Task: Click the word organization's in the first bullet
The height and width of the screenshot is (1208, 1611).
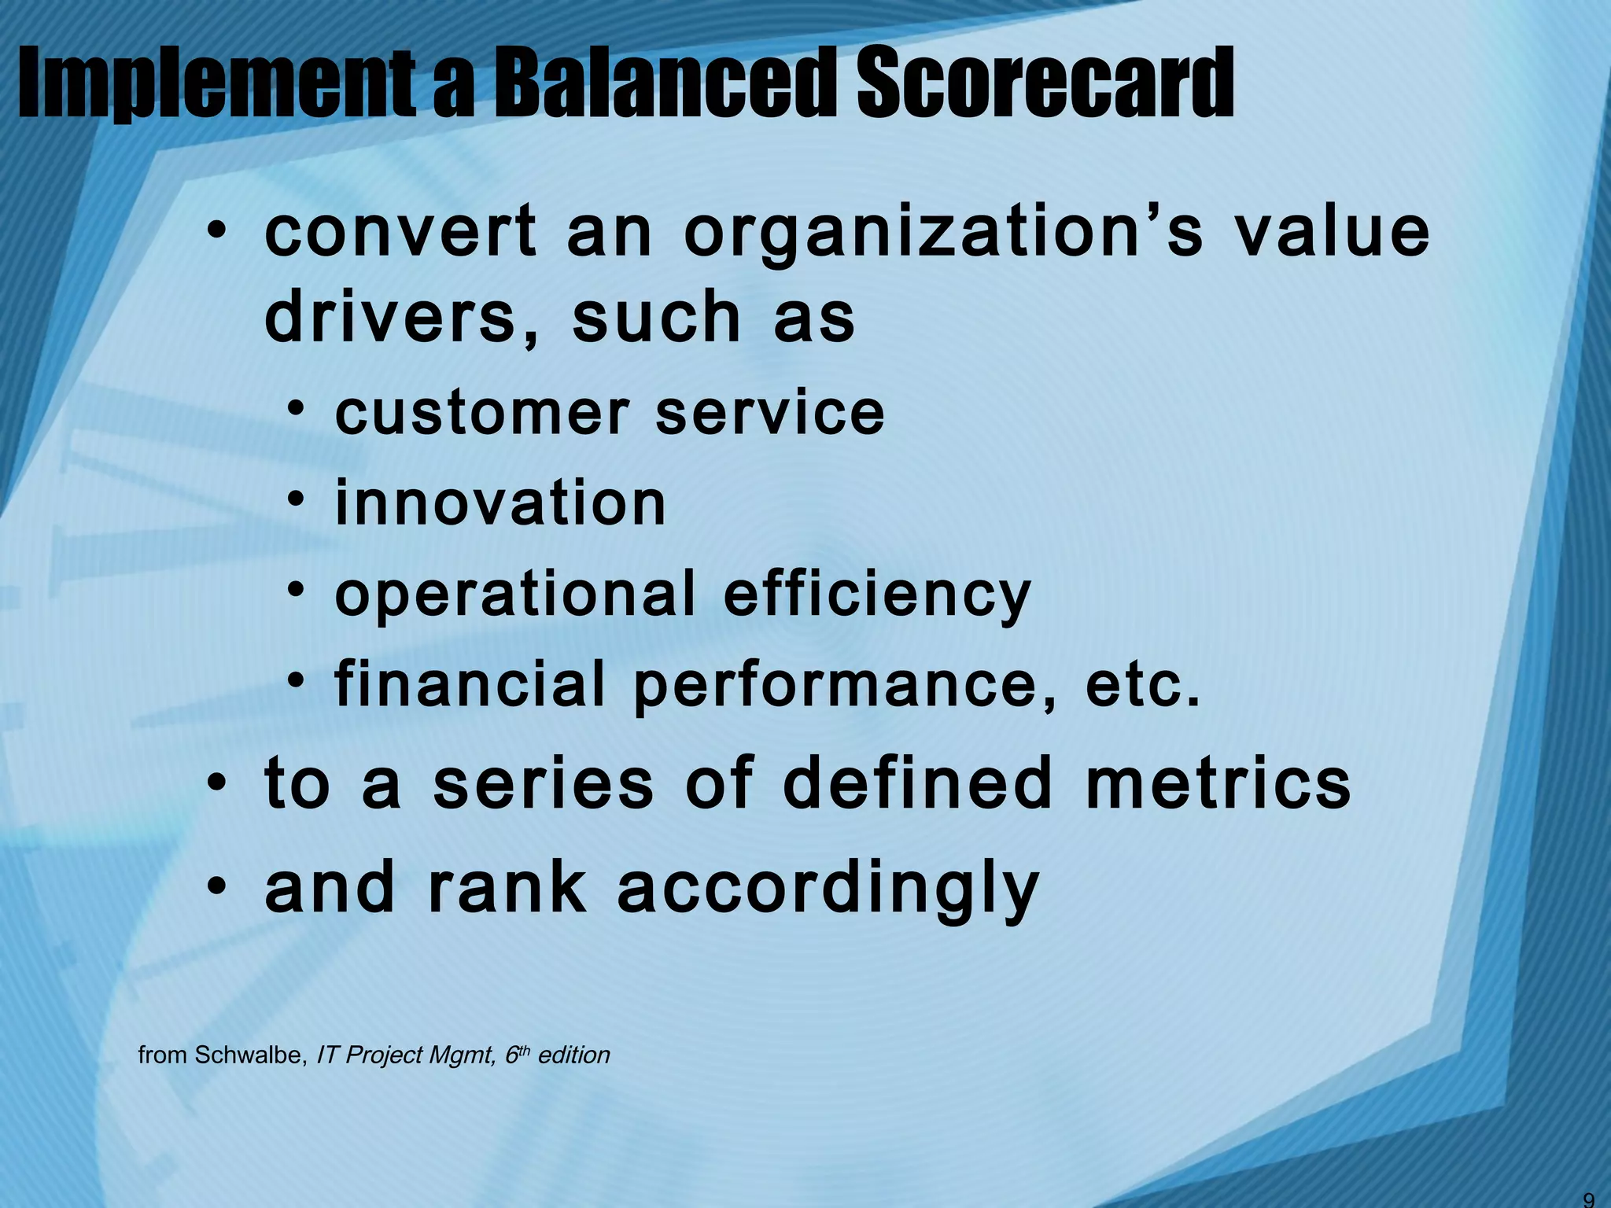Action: click(943, 234)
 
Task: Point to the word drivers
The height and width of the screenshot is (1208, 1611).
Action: click(391, 317)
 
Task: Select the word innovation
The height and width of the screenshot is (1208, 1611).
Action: click(500, 503)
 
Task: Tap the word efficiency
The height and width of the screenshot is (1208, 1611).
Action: click(876, 595)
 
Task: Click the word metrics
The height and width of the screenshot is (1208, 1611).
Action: click(1218, 784)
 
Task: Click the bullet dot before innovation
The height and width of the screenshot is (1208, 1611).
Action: click(296, 499)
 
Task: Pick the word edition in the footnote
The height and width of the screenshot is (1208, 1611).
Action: click(573, 1055)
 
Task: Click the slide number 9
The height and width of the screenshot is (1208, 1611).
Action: click(1588, 1200)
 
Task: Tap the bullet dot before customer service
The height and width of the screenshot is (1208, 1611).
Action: click(296, 408)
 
